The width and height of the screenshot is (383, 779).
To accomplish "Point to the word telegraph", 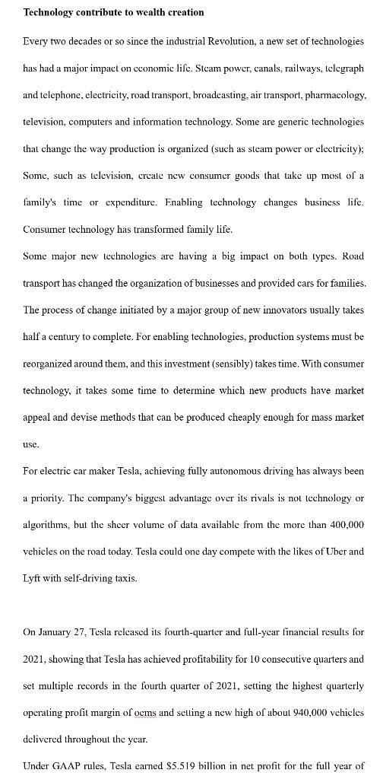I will point(343,68).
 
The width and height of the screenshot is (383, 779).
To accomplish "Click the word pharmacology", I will point(335,95).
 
